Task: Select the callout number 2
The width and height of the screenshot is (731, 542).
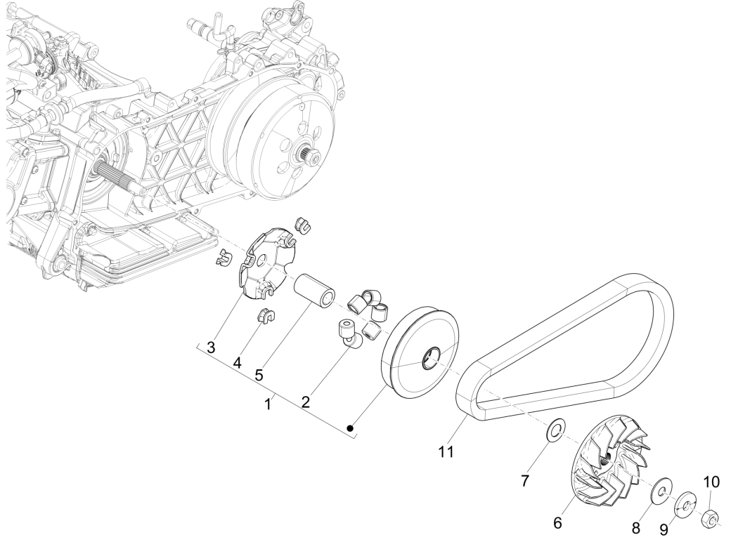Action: click(x=306, y=401)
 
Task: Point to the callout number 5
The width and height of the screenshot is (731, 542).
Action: click(x=259, y=374)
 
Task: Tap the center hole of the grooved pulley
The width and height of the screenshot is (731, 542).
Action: click(x=429, y=361)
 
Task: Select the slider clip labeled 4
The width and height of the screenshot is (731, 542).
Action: click(x=264, y=316)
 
